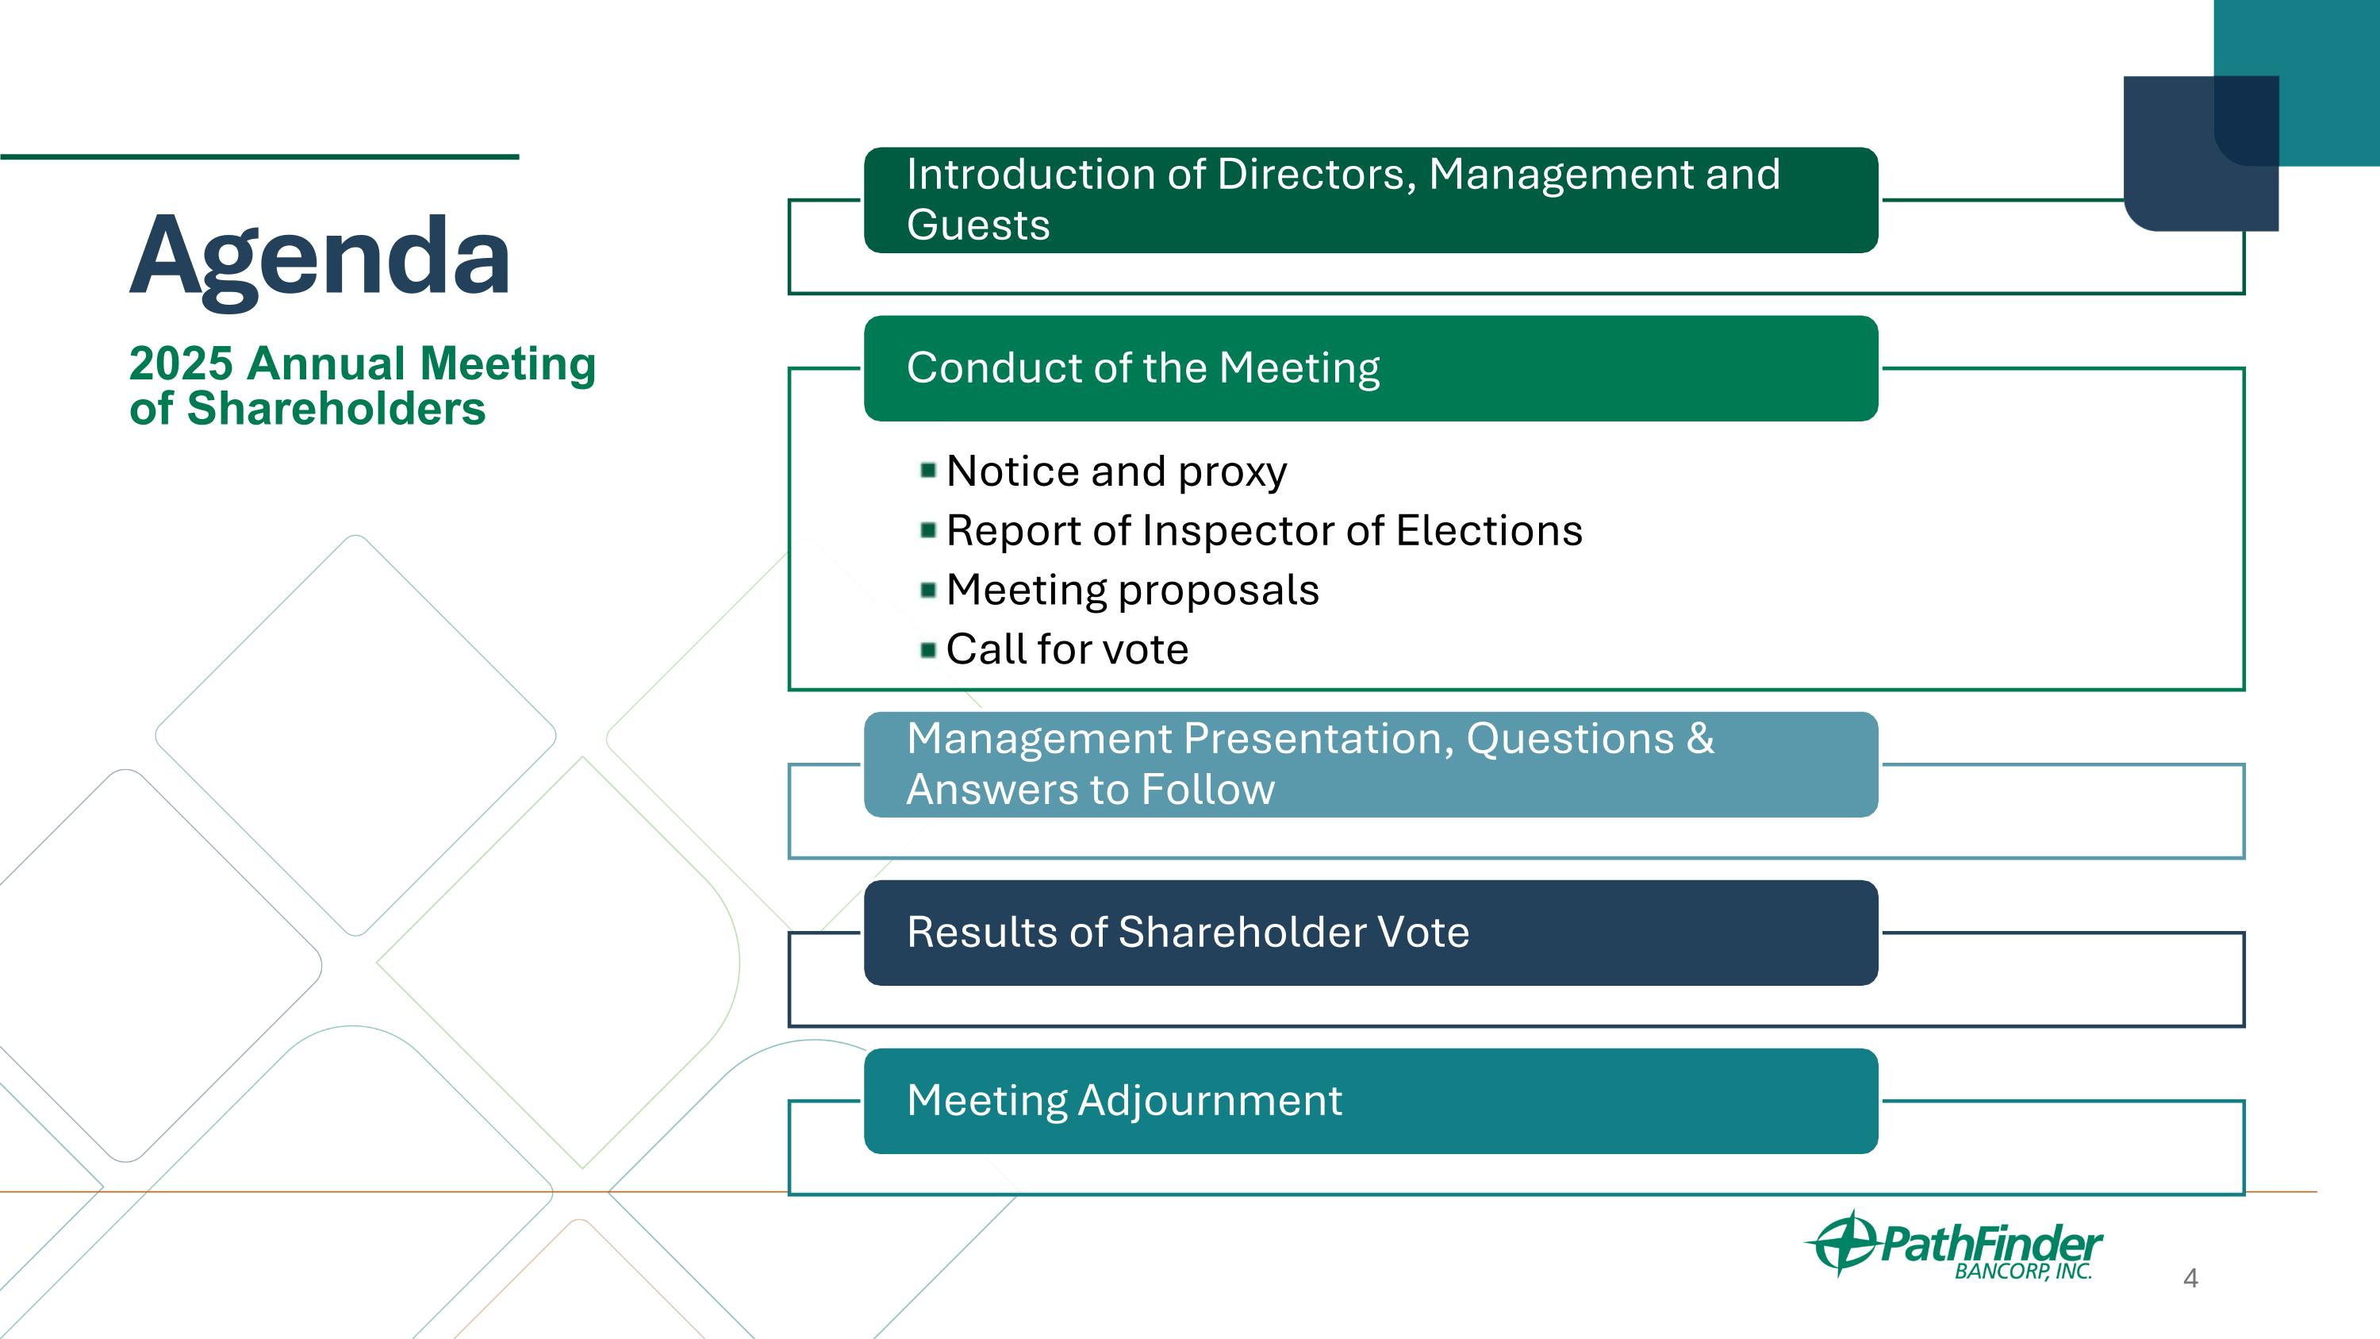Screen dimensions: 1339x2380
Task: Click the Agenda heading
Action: point(320,255)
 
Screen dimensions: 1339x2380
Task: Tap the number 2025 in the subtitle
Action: point(180,364)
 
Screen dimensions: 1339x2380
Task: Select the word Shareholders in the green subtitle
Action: point(336,410)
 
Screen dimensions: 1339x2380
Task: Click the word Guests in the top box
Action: point(978,225)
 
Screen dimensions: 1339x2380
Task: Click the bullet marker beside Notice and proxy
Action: point(928,471)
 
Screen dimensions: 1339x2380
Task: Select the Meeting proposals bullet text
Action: point(1133,591)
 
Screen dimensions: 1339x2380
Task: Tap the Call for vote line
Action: point(1067,649)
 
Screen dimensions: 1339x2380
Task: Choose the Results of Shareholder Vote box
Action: point(1370,933)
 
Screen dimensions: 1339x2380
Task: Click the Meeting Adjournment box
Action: point(1370,1101)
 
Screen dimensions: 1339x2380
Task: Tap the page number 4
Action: point(2190,1279)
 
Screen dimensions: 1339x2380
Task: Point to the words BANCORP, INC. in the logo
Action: point(2022,1272)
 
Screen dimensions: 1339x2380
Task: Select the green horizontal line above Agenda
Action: point(259,157)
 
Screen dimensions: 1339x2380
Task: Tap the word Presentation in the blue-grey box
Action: point(1319,739)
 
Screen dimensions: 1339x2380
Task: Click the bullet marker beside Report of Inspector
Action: point(928,530)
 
